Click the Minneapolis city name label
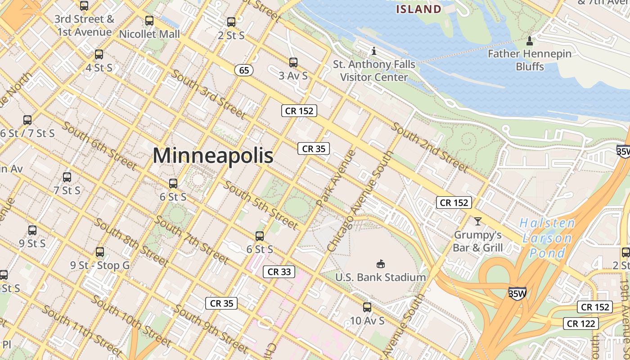click(x=213, y=156)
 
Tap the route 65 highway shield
click(x=244, y=70)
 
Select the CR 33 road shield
click(x=279, y=271)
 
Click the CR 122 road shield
click(x=581, y=323)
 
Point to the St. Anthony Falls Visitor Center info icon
click(x=373, y=51)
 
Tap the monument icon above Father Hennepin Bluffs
click(x=530, y=41)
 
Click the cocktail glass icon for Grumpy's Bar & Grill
click(x=477, y=221)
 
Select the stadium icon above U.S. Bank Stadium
click(x=380, y=264)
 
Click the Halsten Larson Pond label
click(x=547, y=238)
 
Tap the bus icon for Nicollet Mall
click(x=149, y=21)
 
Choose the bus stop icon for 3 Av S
click(x=293, y=63)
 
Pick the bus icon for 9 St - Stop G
click(x=100, y=252)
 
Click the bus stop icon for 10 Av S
click(x=367, y=307)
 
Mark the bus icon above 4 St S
click(x=99, y=54)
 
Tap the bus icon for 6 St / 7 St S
click(x=27, y=120)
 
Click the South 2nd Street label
click(x=430, y=147)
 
